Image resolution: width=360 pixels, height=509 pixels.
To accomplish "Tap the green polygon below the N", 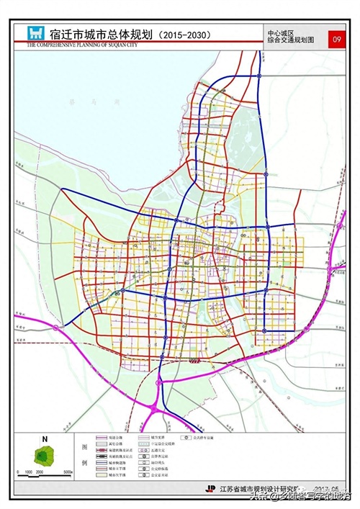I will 46,455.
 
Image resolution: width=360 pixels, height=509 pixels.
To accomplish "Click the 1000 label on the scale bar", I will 28,473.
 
